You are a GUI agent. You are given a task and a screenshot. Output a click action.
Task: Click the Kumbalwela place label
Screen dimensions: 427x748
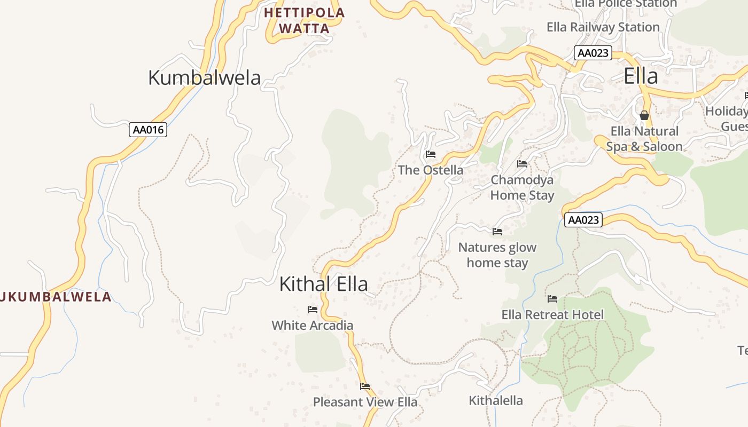[204, 78]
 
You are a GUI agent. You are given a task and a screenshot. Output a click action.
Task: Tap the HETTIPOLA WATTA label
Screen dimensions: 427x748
[304, 20]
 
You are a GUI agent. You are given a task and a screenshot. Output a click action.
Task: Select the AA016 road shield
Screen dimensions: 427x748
[148, 130]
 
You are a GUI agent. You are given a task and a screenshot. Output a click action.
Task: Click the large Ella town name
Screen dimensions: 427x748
[641, 76]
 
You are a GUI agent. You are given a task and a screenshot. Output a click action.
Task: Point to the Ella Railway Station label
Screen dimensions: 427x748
[603, 27]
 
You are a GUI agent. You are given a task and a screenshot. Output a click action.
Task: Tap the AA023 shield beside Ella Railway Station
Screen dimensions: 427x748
[593, 53]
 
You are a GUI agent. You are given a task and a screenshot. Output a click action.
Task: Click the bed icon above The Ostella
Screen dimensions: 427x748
[431, 154]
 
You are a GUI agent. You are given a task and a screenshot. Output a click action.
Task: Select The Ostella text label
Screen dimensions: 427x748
[431, 170]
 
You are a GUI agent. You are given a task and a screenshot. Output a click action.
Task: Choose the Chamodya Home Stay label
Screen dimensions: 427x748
[522, 187]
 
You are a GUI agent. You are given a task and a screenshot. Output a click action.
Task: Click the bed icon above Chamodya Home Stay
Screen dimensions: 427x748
[522, 163]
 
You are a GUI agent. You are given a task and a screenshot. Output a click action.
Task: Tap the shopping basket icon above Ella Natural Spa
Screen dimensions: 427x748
[644, 115]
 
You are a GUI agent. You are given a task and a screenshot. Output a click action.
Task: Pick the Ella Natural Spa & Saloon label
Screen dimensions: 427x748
[644, 139]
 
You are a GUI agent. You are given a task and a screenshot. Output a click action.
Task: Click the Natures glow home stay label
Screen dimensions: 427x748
[497, 255]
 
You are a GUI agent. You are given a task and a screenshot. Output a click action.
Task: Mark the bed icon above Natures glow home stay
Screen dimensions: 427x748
[497, 232]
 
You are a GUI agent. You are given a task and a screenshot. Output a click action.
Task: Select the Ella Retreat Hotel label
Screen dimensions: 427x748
[552, 315]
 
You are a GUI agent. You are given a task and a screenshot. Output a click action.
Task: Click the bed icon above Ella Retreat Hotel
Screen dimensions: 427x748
[552, 299]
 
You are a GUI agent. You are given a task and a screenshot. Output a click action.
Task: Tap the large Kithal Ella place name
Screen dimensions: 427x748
[323, 284]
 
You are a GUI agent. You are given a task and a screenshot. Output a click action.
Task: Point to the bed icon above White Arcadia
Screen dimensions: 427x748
[313, 310]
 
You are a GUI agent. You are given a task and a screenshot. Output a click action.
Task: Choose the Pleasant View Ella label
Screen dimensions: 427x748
[365, 402]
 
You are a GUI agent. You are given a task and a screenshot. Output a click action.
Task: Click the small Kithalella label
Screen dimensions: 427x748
[496, 400]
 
